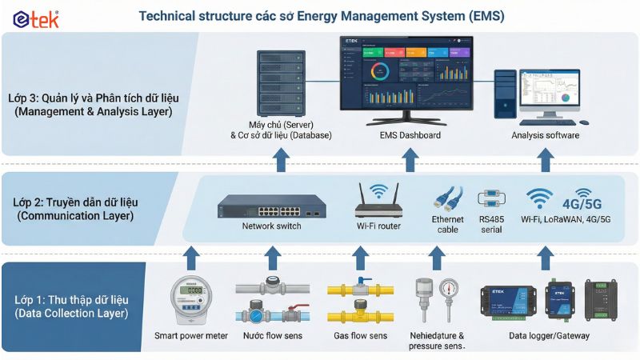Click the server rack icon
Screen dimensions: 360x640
pos(280,83)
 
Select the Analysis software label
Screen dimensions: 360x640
pos(545,135)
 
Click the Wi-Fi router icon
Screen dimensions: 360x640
pos(378,205)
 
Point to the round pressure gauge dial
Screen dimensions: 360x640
pos(450,289)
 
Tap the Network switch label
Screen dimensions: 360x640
pos(273,226)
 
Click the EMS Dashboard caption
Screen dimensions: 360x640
pos(410,135)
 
